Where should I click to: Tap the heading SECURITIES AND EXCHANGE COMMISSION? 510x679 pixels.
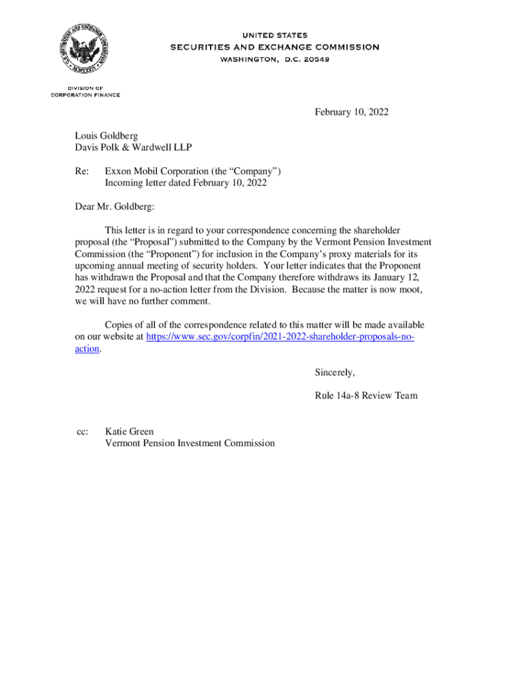point(275,47)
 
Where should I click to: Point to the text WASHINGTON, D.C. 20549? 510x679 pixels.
point(275,59)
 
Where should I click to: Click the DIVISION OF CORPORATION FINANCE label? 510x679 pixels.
point(85,92)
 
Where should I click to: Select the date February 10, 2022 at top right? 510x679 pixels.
point(352,112)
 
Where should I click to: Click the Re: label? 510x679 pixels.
point(81,171)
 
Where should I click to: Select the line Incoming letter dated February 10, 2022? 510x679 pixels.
point(185,182)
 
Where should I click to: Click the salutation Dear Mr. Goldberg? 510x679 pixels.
point(114,207)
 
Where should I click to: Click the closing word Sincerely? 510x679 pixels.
point(335,372)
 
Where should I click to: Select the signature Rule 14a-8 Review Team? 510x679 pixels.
point(366,396)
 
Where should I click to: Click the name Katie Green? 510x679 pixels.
point(129,432)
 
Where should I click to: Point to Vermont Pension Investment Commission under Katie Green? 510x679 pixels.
point(189,443)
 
